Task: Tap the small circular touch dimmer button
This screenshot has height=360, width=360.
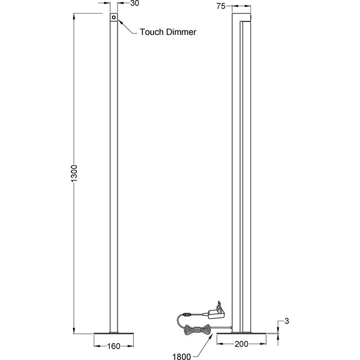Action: tap(114, 18)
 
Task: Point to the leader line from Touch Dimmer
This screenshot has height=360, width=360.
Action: tap(127, 28)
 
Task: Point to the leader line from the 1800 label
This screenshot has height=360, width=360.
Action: tap(200, 349)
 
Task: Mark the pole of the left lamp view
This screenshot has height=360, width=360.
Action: tap(114, 169)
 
